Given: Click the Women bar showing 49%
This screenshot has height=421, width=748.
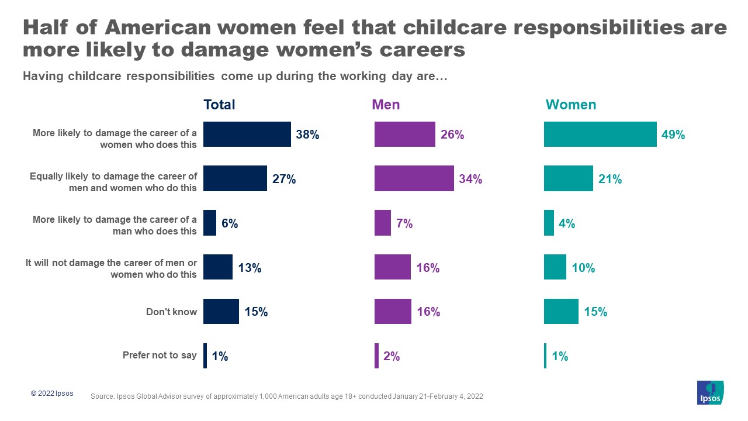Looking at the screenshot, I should [x=600, y=134].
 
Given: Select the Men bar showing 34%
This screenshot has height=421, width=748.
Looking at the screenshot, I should [x=414, y=179].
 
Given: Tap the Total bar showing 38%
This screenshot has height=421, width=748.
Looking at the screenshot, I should [x=247, y=134].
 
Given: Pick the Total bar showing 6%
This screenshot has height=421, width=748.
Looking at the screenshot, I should [x=209, y=223].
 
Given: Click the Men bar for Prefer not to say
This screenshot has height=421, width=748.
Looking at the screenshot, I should [x=376, y=356].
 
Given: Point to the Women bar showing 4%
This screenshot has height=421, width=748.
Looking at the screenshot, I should [x=549, y=223].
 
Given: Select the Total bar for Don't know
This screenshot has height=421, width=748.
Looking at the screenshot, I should [x=221, y=312].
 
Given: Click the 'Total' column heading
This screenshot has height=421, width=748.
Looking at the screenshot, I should [x=219, y=105].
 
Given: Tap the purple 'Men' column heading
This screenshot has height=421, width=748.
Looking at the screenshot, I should [x=386, y=105].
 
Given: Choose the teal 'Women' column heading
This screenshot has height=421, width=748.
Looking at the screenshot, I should [x=570, y=105].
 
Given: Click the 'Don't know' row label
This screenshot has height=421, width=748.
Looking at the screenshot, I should [x=171, y=312].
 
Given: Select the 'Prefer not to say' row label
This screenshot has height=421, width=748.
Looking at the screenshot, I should [x=160, y=355].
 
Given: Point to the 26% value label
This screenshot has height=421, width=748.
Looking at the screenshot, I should [x=452, y=135].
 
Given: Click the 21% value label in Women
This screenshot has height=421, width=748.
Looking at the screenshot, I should [x=610, y=180].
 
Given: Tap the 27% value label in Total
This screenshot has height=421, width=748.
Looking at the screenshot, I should [x=284, y=180].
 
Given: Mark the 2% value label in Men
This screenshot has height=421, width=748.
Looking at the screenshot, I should [x=392, y=356].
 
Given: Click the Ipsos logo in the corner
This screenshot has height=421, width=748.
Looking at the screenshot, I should [x=710, y=392].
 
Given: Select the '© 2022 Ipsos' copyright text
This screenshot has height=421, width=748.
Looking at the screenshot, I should [x=52, y=394].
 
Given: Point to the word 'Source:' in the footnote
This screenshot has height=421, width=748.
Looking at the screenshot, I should [x=103, y=396].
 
